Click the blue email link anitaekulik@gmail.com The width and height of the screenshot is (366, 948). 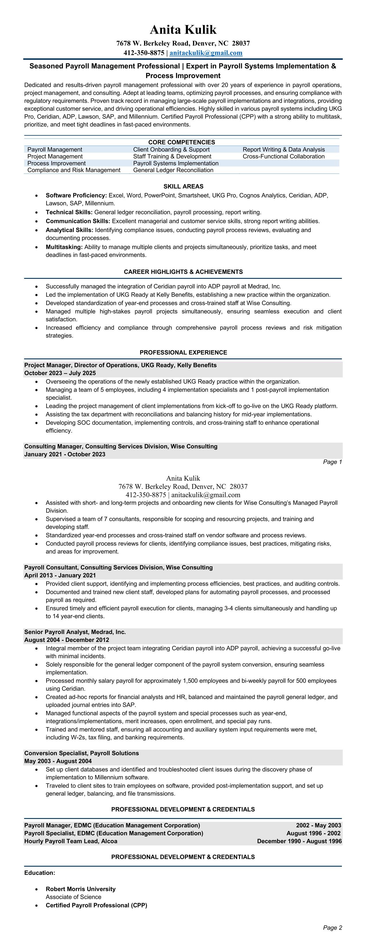pos(206,53)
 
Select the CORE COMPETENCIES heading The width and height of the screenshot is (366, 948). pos(181,142)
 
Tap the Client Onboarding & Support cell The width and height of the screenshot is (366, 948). pos(171,149)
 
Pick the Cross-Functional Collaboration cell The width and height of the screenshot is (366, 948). pos(283,156)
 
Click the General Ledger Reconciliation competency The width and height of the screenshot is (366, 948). pos(173,170)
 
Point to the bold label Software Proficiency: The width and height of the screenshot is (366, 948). pos(76,195)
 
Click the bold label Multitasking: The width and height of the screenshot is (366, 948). pos(64,247)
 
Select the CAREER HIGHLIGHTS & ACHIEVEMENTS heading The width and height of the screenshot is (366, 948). pos(183,272)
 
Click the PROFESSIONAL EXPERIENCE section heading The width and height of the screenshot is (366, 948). pos(183,353)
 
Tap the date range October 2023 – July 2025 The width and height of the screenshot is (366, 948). pos(60,373)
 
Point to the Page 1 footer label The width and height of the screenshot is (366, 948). pos(332,462)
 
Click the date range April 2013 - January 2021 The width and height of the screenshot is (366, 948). pos(60,575)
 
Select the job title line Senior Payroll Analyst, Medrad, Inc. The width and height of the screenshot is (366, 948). pos(75,632)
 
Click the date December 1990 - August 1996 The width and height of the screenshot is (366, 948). pos(299,841)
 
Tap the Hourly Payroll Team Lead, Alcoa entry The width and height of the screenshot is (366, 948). pos(71,841)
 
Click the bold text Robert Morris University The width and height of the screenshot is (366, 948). pos(80,889)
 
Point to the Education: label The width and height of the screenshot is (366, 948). pos(40,873)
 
